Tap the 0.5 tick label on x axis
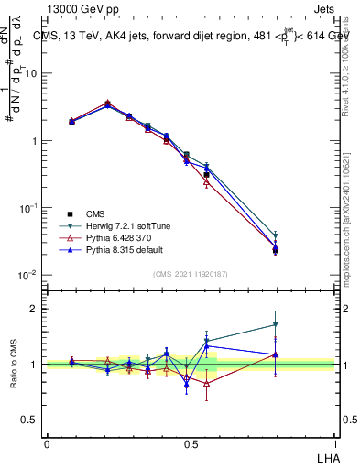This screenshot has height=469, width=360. pyautogui.click(x=190, y=442)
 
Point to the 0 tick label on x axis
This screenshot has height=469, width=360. pyautogui.click(x=47, y=442)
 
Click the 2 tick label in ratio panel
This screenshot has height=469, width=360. pyautogui.click(x=34, y=309)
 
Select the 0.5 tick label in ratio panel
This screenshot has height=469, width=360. pyautogui.click(x=29, y=420)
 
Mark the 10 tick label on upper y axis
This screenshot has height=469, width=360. pyautogui.click(x=30, y=73)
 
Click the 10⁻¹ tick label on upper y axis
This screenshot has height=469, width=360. pyautogui.click(x=28, y=208)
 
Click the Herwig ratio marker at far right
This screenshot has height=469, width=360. pyautogui.click(x=275, y=324)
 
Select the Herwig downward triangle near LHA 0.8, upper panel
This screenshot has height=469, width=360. pyautogui.click(x=275, y=235)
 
